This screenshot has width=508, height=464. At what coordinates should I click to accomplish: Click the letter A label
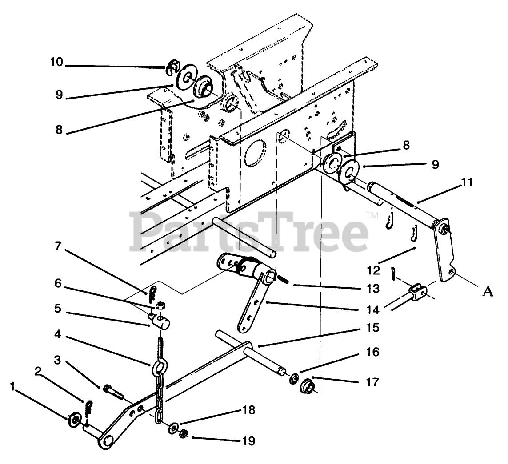pyautogui.click(x=488, y=291)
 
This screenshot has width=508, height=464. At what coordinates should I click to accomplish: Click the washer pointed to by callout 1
pyautogui.click(x=75, y=419)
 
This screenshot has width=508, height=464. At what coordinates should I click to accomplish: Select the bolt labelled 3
pyautogui.click(x=114, y=390)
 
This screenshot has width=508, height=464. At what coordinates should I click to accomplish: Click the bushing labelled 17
pyautogui.click(x=307, y=385)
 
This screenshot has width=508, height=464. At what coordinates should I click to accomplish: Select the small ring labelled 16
pyautogui.click(x=294, y=379)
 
